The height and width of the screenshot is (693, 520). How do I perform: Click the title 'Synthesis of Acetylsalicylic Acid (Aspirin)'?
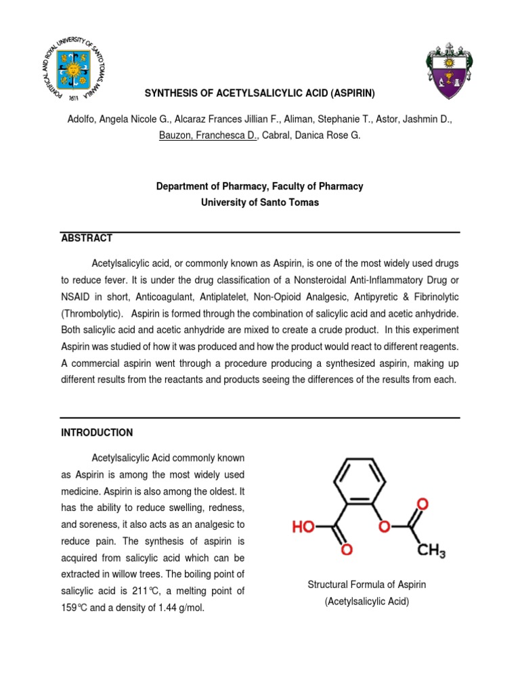pos(260,93)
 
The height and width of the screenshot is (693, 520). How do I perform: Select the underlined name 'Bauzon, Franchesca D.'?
pos(209,135)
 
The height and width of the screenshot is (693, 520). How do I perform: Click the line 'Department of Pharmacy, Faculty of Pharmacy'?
pos(260,186)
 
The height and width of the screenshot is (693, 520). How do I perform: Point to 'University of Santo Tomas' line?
pos(260,202)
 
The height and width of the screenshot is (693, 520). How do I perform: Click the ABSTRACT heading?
pos(87,238)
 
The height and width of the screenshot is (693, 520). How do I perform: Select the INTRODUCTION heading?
pos(97,432)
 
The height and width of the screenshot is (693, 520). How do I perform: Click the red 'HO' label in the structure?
pos(303,526)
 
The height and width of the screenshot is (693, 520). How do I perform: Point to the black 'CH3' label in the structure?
pos(431,552)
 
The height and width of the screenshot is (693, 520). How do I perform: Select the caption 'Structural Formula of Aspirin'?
pos(367,585)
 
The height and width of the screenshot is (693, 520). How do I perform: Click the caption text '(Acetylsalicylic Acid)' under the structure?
pos(367,601)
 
